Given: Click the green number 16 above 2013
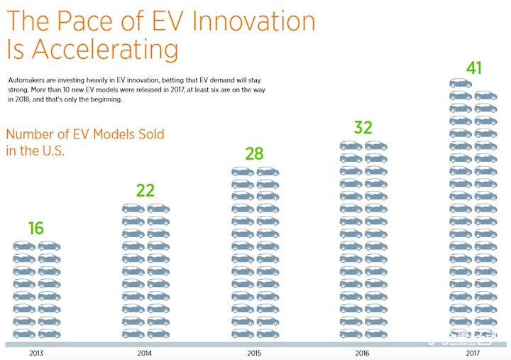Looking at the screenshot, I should (36, 228).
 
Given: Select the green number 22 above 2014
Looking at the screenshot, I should (145, 190).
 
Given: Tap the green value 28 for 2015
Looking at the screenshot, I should (254, 154).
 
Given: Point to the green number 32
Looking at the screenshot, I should (363, 128).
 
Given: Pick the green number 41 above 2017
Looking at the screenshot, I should (473, 68).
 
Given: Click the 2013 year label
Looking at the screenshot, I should (36, 352).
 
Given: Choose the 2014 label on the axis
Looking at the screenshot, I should (145, 352).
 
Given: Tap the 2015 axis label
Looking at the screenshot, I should (255, 352).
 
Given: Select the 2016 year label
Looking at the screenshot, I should (363, 352).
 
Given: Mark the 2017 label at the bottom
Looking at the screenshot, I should (473, 352).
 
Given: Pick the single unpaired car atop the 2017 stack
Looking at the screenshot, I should (460, 82).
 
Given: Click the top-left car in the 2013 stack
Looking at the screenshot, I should (24, 246).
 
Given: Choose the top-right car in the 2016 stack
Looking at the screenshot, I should (376, 146).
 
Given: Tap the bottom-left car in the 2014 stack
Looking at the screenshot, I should (133, 333).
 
